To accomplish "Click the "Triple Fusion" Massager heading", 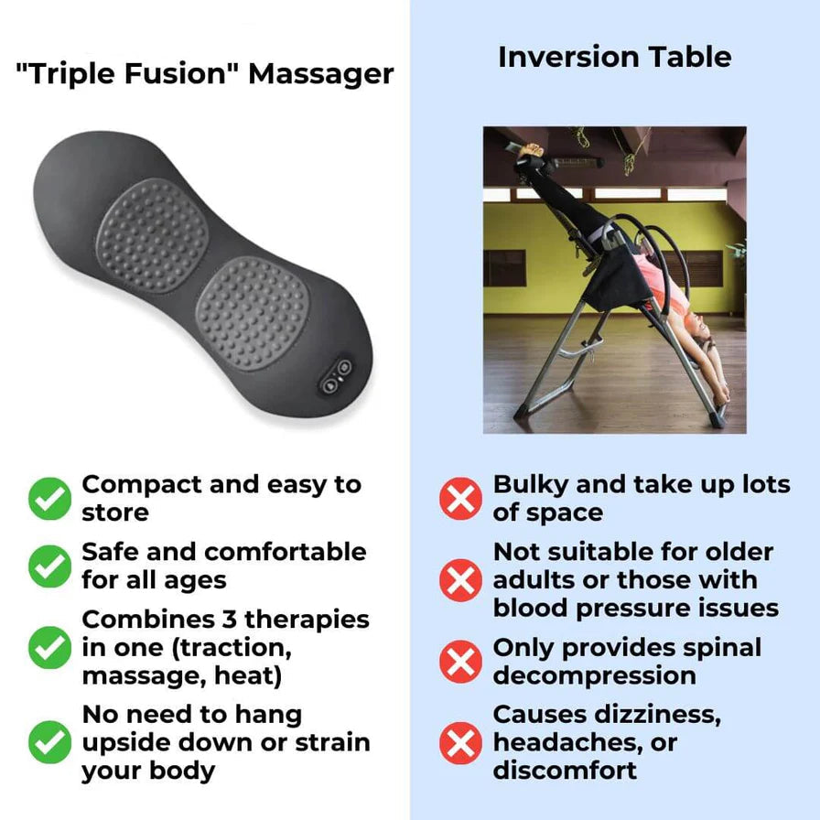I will pyautogui.click(x=205, y=73).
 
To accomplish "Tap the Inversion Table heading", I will pyautogui.click(x=614, y=57).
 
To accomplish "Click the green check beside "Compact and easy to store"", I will pyautogui.click(x=49, y=499).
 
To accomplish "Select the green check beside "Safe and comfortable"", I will pyautogui.click(x=49, y=566).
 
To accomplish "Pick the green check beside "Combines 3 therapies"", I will pyautogui.click(x=49, y=647).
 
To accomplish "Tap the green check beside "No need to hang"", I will pyautogui.click(x=49, y=742).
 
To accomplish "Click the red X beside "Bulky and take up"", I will pyautogui.click(x=460, y=499).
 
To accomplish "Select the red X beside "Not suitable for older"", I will pyautogui.click(x=460, y=580).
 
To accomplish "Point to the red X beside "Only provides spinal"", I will pyautogui.click(x=460, y=661).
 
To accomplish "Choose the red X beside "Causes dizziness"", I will pyautogui.click(x=460, y=742).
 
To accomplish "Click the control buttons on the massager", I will pyautogui.click(x=335, y=375).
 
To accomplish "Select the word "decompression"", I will pyautogui.click(x=595, y=675).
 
